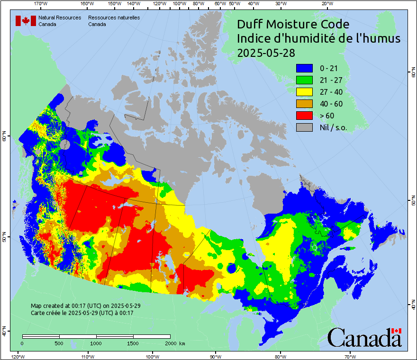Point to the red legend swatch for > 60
point(305,116)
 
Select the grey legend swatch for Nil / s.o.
point(305,127)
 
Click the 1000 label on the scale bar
point(96,343)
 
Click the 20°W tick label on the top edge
point(326,4)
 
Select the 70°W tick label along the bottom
point(350,356)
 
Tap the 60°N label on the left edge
point(4,137)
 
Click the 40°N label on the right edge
point(413,306)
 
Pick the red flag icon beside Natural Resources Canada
point(26,21)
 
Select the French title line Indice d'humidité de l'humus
point(318,39)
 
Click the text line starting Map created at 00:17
point(85,306)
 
